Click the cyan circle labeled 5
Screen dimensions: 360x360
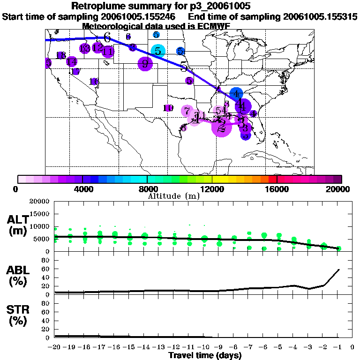pyautogui.click(x=158, y=51)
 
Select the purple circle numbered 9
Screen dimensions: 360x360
pyautogui.click(x=145, y=64)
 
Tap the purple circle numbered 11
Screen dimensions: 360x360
pyautogui.click(x=108, y=51)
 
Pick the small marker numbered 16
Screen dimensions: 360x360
pyautogui.click(x=94, y=82)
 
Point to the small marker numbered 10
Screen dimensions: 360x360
pyautogui.click(x=168, y=108)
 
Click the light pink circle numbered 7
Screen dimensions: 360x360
pyautogui.click(x=187, y=111)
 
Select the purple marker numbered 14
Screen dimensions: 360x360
pyautogui.click(x=72, y=61)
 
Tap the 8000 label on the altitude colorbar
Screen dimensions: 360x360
pyautogui.click(x=148, y=189)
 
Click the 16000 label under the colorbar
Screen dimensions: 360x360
pyautogui.click(x=277, y=189)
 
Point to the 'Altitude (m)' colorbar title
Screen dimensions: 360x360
pyautogui.click(x=174, y=196)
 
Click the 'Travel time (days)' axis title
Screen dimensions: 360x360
pyautogui.click(x=205, y=356)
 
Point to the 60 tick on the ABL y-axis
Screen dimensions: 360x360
pyautogui.click(x=46, y=269)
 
